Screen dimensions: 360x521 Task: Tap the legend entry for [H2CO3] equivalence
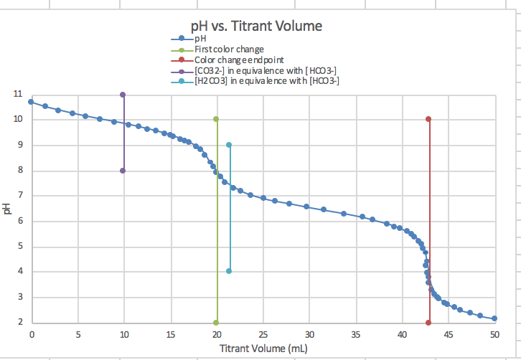pyautogui.click(x=266, y=81)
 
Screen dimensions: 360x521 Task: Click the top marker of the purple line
pyautogui.click(x=123, y=95)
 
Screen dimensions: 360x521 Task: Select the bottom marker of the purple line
pyautogui.click(x=123, y=171)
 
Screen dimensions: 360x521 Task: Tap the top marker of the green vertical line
pyautogui.click(x=216, y=119)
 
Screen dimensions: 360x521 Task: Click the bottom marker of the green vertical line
pyautogui.click(x=216, y=323)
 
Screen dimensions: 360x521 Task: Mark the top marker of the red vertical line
pyautogui.click(x=428, y=119)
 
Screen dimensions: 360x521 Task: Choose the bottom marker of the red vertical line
pyautogui.click(x=428, y=323)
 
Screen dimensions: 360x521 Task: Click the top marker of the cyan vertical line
pyautogui.click(x=229, y=145)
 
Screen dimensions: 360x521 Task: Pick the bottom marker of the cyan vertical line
pyautogui.click(x=229, y=271)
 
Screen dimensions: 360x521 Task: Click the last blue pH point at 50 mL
pyautogui.click(x=494, y=318)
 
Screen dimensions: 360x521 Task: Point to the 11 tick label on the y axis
pyautogui.click(x=17, y=95)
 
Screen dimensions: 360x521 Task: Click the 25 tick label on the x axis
pyautogui.click(x=263, y=335)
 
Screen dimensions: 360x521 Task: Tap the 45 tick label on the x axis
pyautogui.click(x=448, y=335)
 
